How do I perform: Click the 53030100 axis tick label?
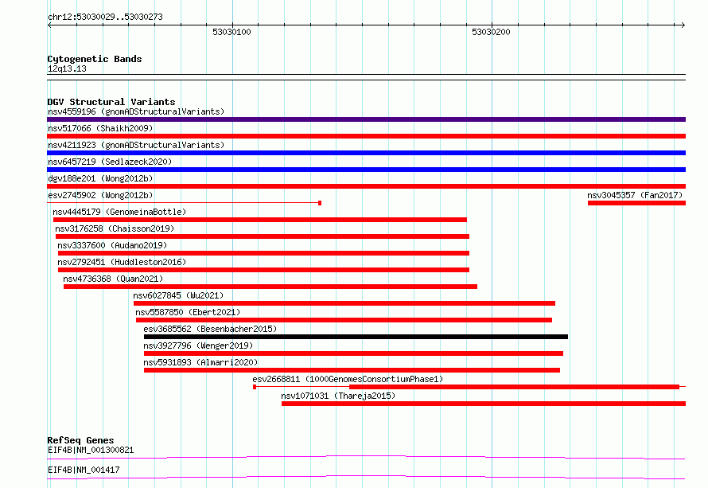pyautogui.click(x=231, y=32)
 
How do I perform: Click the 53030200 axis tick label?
pyautogui.click(x=491, y=32)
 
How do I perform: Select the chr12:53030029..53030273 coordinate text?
pyautogui.click(x=105, y=17)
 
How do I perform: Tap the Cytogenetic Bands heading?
pyautogui.click(x=95, y=59)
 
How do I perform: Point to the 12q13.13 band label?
pyautogui.click(x=67, y=68)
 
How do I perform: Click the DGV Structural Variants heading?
pyautogui.click(x=111, y=102)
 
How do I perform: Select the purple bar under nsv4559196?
pyautogui.click(x=366, y=119)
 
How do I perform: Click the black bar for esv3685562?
pyautogui.click(x=356, y=337)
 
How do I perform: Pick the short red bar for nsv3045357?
pyautogui.click(x=636, y=203)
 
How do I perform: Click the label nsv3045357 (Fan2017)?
pyautogui.click(x=635, y=195)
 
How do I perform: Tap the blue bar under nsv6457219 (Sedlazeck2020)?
pyautogui.click(x=366, y=170)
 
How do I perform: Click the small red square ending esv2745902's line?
pyautogui.click(x=320, y=203)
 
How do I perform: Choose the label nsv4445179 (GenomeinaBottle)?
pyautogui.click(x=119, y=212)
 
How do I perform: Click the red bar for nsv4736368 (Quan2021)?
pyautogui.click(x=270, y=287)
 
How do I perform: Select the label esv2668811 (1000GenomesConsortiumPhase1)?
pyautogui.click(x=348, y=379)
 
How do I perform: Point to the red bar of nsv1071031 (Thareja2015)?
pyautogui.click(x=484, y=404)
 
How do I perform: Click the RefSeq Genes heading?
pyautogui.click(x=80, y=440)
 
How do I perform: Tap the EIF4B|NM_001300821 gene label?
pyautogui.click(x=91, y=450)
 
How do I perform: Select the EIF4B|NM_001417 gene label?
pyautogui.click(x=84, y=470)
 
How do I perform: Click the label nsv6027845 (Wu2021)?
pyautogui.click(x=178, y=295)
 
